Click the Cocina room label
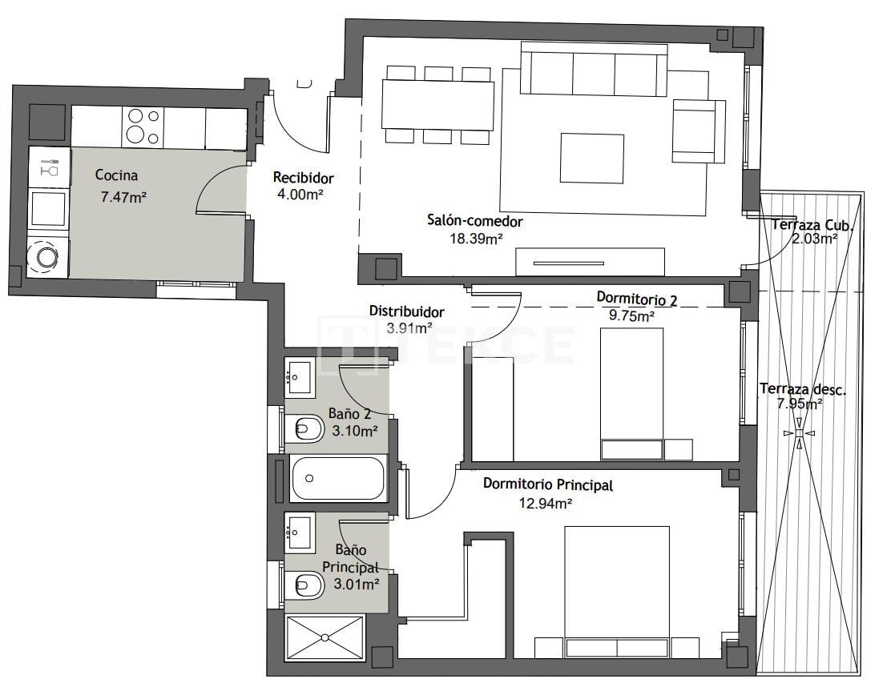tap(116, 175)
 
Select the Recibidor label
tap(303, 178)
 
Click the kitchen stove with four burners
tap(143, 127)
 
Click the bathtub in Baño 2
tap(338, 478)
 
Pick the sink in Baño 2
tap(300, 375)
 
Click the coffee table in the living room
tap(591, 158)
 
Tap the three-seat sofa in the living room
tap(594, 70)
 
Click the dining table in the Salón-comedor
tap(437, 105)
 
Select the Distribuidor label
tap(406, 311)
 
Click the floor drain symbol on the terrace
tap(798, 433)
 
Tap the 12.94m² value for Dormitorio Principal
tap(546, 503)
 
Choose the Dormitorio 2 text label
tap(637, 299)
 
